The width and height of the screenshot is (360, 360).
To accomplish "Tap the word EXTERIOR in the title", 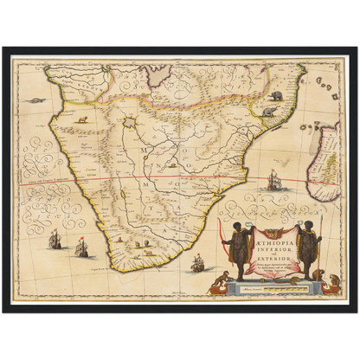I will pyautogui.click(x=278, y=247).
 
